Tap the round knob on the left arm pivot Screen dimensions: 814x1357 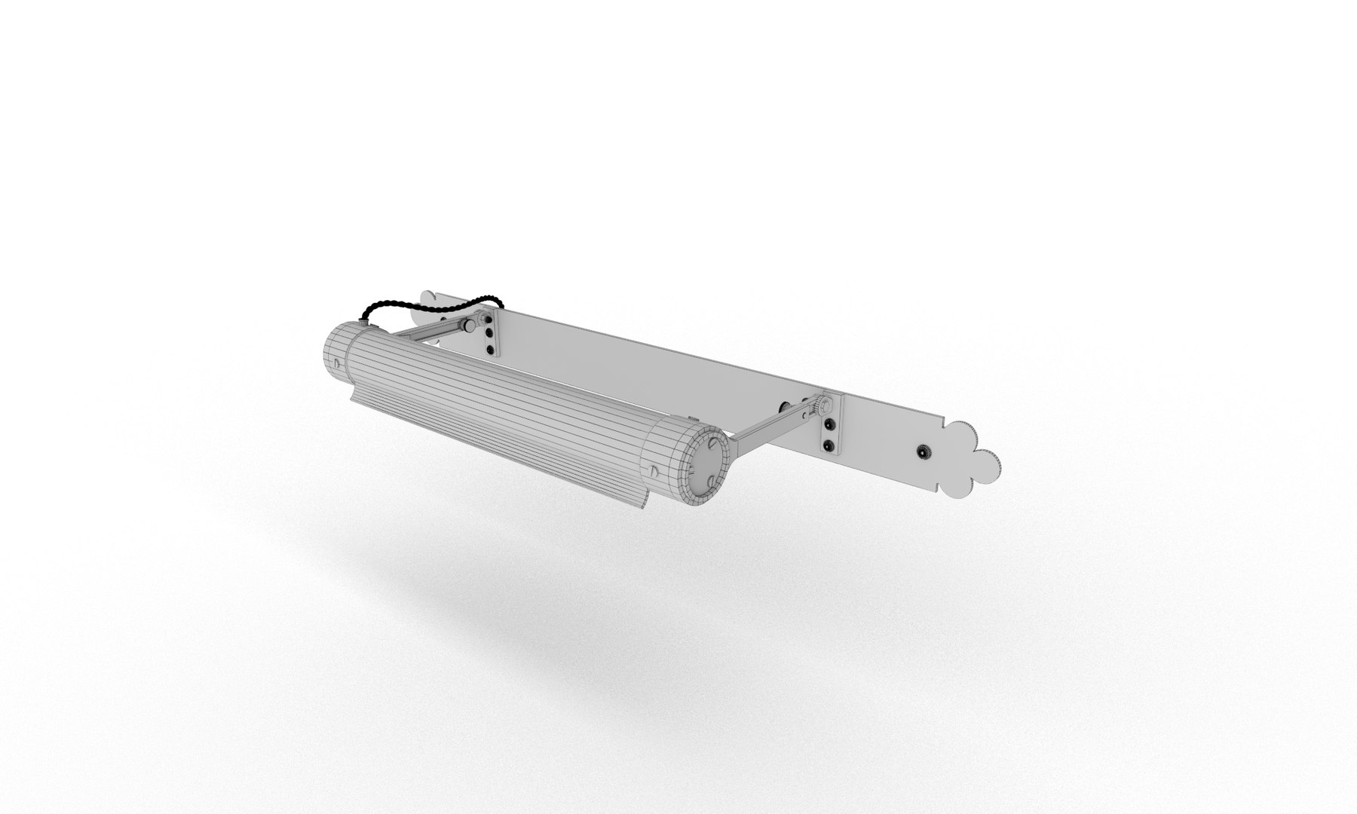tap(470, 326)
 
